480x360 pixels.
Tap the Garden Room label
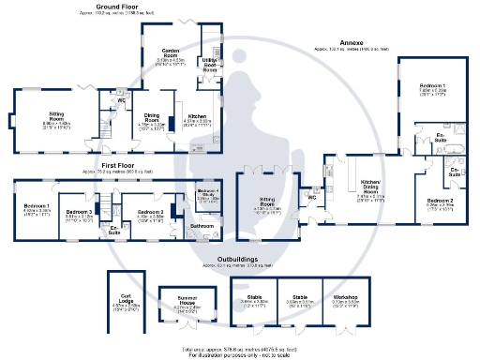pos(170,51)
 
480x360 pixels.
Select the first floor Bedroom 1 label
pos(36,206)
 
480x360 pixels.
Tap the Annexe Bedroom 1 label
pos(431,86)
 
